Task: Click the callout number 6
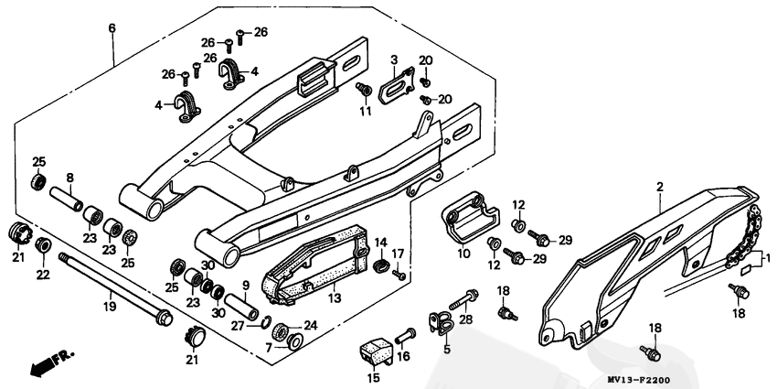(x=112, y=28)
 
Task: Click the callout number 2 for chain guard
(x=658, y=187)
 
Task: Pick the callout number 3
(x=394, y=60)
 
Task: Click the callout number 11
(x=365, y=112)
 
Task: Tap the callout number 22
(x=43, y=276)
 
